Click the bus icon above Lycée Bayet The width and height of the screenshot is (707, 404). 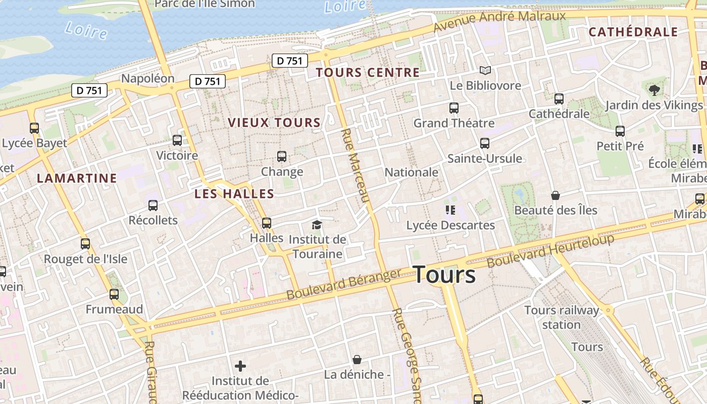click(x=34, y=128)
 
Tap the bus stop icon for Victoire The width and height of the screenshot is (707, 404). click(x=177, y=140)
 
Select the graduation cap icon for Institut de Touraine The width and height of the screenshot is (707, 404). click(x=317, y=225)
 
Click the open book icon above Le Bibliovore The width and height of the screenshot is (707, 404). click(x=485, y=71)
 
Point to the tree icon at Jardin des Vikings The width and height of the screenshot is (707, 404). click(x=654, y=90)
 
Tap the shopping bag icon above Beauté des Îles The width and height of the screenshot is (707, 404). click(x=555, y=195)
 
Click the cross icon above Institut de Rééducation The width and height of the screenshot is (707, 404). click(x=240, y=366)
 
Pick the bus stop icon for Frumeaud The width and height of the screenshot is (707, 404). click(x=114, y=294)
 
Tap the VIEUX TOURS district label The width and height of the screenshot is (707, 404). click(x=274, y=123)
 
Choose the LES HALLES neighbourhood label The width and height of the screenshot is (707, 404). click(x=234, y=194)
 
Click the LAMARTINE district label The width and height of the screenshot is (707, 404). click(x=77, y=178)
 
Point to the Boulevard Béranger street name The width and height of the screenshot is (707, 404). click(x=343, y=284)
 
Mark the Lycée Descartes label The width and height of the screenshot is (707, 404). click(x=450, y=225)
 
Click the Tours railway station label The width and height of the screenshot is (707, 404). click(x=562, y=317)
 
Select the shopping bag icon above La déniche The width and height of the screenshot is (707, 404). click(x=357, y=360)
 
